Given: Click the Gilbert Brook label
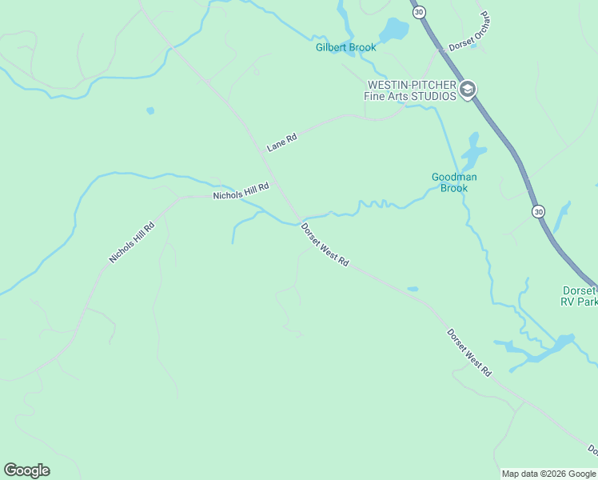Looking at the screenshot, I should click(345, 48).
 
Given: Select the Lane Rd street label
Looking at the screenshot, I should click(281, 143).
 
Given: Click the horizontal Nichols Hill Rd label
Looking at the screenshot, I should click(241, 191).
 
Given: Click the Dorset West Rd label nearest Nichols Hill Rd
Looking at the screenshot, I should click(325, 245).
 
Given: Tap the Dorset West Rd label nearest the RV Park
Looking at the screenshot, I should click(468, 353).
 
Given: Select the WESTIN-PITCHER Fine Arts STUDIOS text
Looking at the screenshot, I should click(411, 90).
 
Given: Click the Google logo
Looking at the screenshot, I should click(26, 470).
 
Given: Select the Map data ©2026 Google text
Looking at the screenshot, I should click(548, 474).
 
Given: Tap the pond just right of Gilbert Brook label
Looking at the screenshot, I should click(393, 30).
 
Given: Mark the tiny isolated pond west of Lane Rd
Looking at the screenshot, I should click(150, 110).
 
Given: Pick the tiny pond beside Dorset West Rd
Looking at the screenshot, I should click(413, 289).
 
